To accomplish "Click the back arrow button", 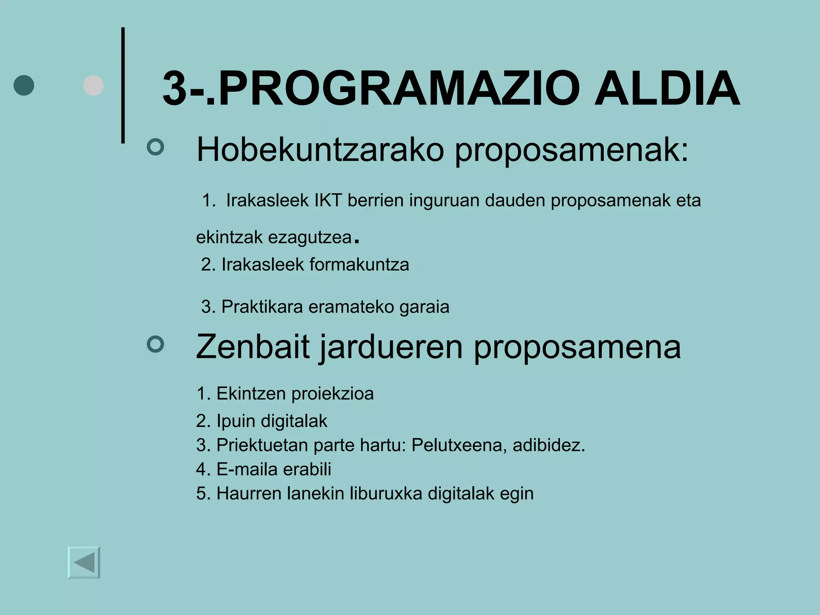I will [x=84, y=563].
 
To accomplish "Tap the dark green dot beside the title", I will [x=24, y=85].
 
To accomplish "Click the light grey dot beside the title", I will [x=93, y=85].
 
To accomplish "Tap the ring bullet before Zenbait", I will [x=155, y=344].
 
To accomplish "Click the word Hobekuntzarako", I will [x=320, y=150].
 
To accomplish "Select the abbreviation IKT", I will [x=328, y=200].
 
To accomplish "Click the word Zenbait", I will [x=253, y=347].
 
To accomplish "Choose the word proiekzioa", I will [x=332, y=394].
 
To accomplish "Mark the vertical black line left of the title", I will [x=123, y=85].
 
